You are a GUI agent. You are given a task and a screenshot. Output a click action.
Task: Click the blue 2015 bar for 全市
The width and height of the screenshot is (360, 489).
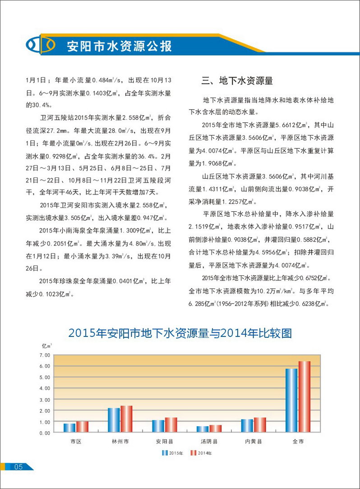coord(291,401)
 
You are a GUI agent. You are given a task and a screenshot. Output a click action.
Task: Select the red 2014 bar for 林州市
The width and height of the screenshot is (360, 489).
coord(126,419)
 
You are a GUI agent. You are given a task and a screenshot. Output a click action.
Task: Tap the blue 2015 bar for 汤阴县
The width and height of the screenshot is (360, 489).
coord(203,429)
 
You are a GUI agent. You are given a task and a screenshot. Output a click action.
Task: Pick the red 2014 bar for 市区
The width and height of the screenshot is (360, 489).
coord(82,427)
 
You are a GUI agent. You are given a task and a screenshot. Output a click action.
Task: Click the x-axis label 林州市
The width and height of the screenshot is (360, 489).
coord(120,441)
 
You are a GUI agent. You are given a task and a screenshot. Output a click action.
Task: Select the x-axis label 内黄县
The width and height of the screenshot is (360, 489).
coord(253,441)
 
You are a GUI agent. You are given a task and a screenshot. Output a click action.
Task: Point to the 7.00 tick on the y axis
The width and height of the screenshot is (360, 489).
coord(44,355)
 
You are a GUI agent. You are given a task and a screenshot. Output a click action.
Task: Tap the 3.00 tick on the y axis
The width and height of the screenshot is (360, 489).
coord(44,400)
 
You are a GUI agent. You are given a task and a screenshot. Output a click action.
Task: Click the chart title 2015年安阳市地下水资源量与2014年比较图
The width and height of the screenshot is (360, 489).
coord(180,334)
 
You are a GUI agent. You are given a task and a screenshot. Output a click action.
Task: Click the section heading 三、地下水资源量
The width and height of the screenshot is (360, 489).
coord(237,81)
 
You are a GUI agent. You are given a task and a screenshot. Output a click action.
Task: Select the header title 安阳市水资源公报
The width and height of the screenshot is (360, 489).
coord(119,46)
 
